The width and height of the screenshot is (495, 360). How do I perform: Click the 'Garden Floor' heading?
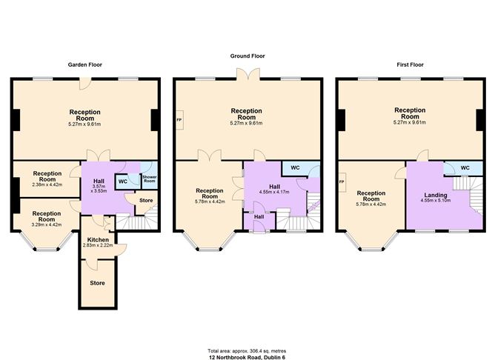tap(84, 64)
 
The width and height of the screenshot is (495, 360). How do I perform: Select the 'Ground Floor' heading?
tap(247, 56)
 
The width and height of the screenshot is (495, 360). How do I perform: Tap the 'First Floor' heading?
tap(410, 64)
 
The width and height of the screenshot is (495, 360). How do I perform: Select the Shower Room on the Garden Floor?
tap(148, 179)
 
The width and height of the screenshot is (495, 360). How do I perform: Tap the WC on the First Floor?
tap(465, 168)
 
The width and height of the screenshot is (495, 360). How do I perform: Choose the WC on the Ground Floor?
tap(295, 168)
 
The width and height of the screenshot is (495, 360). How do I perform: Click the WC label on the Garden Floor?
tap(123, 181)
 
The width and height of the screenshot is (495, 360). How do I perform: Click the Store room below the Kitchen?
tap(97, 283)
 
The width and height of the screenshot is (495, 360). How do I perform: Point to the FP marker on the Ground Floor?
tap(179, 119)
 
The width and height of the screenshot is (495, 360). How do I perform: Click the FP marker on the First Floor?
tap(342, 181)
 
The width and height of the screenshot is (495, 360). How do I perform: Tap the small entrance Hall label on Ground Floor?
tap(259, 216)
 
